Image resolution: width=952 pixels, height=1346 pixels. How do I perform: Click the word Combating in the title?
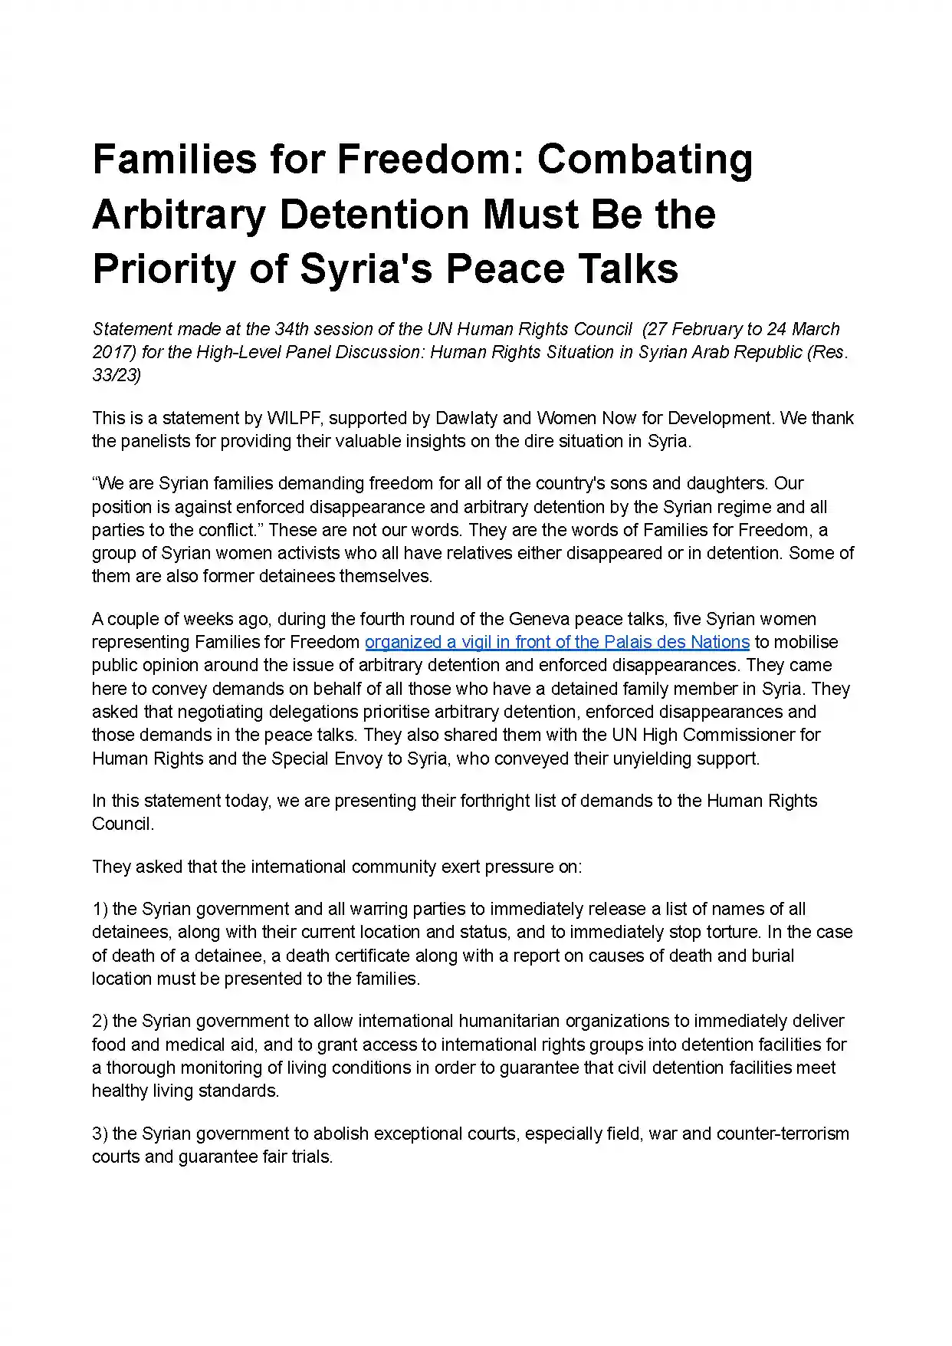point(645,160)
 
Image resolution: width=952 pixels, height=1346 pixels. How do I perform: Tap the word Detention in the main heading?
point(375,215)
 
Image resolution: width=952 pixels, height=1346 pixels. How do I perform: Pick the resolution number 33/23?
point(117,375)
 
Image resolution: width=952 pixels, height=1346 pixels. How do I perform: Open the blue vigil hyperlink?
point(556,642)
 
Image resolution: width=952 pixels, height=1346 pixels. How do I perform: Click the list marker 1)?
point(100,910)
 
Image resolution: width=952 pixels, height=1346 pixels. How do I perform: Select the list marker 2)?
point(100,1022)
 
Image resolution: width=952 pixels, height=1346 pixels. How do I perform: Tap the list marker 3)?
point(100,1134)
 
